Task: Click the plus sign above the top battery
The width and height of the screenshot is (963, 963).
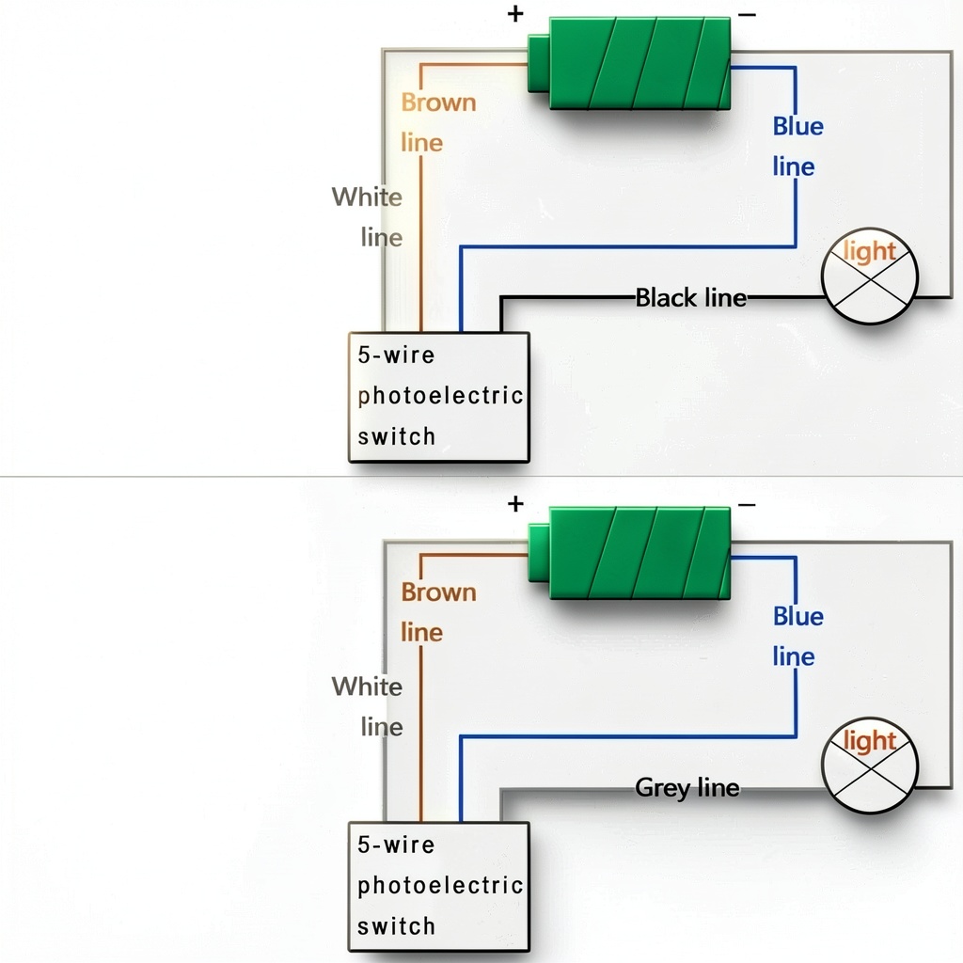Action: tap(515, 13)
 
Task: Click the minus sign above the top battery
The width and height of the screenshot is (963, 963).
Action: tap(747, 15)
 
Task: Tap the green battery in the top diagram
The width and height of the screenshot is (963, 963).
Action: tap(629, 64)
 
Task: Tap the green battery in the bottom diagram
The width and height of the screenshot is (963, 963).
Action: tap(629, 553)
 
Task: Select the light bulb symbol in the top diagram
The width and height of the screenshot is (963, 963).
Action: tap(870, 276)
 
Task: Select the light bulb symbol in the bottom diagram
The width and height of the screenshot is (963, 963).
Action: tap(870, 766)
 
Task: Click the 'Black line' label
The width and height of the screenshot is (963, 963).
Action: tap(691, 298)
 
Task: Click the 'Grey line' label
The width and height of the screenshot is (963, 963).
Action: tap(687, 787)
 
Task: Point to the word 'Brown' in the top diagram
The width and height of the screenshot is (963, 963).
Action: tap(438, 103)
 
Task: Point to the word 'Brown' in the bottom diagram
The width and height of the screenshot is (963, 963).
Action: tap(438, 592)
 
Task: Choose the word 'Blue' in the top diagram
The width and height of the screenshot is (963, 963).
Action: tap(797, 126)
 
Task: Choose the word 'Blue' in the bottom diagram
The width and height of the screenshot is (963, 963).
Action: tap(797, 616)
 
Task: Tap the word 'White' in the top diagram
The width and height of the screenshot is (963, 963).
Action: tap(367, 197)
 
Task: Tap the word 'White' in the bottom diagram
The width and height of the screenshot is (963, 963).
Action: tap(367, 686)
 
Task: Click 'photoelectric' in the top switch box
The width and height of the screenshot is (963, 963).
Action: tap(440, 396)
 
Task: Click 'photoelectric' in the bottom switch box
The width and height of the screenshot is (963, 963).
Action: tap(440, 885)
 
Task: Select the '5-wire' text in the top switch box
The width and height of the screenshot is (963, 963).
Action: tap(396, 355)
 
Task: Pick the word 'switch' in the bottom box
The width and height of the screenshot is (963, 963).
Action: tap(396, 925)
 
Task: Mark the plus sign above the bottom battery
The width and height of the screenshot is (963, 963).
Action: tap(515, 504)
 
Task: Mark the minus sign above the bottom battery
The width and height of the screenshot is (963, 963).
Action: tap(747, 505)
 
